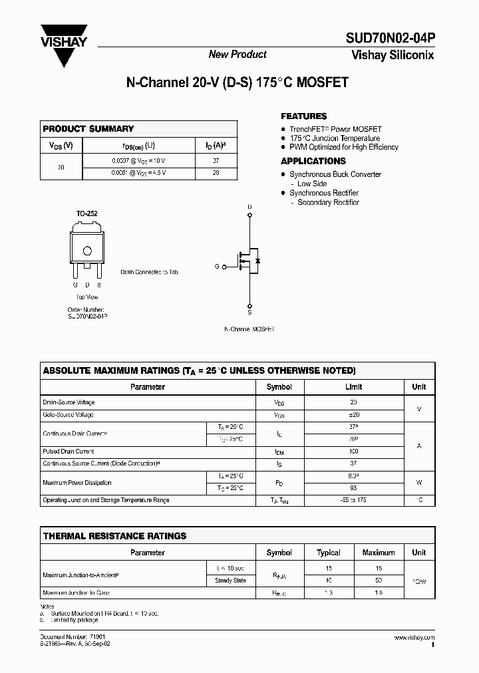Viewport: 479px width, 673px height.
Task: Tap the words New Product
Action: (x=238, y=55)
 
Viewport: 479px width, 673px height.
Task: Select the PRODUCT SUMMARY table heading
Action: (x=88, y=128)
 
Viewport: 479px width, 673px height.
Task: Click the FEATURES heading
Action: (x=303, y=116)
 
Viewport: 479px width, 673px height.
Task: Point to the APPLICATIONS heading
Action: (x=313, y=161)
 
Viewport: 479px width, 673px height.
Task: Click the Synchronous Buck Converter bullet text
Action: (x=335, y=174)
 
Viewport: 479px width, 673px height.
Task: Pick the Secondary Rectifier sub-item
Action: (x=328, y=202)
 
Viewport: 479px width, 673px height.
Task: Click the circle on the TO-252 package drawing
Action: (x=86, y=251)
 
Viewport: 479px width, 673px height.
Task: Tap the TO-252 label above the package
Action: (x=86, y=213)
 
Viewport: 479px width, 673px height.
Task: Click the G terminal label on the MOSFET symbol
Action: (x=216, y=266)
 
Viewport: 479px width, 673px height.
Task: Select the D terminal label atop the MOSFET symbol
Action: (x=250, y=207)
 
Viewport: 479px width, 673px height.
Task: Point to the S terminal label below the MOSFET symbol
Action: (x=250, y=312)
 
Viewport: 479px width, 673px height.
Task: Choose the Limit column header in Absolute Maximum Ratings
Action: (x=353, y=387)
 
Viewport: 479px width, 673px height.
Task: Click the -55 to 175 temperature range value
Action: (x=353, y=500)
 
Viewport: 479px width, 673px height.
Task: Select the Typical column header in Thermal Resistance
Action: (x=329, y=553)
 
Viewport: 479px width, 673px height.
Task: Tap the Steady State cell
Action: (x=231, y=581)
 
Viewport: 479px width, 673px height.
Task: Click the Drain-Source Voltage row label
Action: (x=69, y=402)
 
